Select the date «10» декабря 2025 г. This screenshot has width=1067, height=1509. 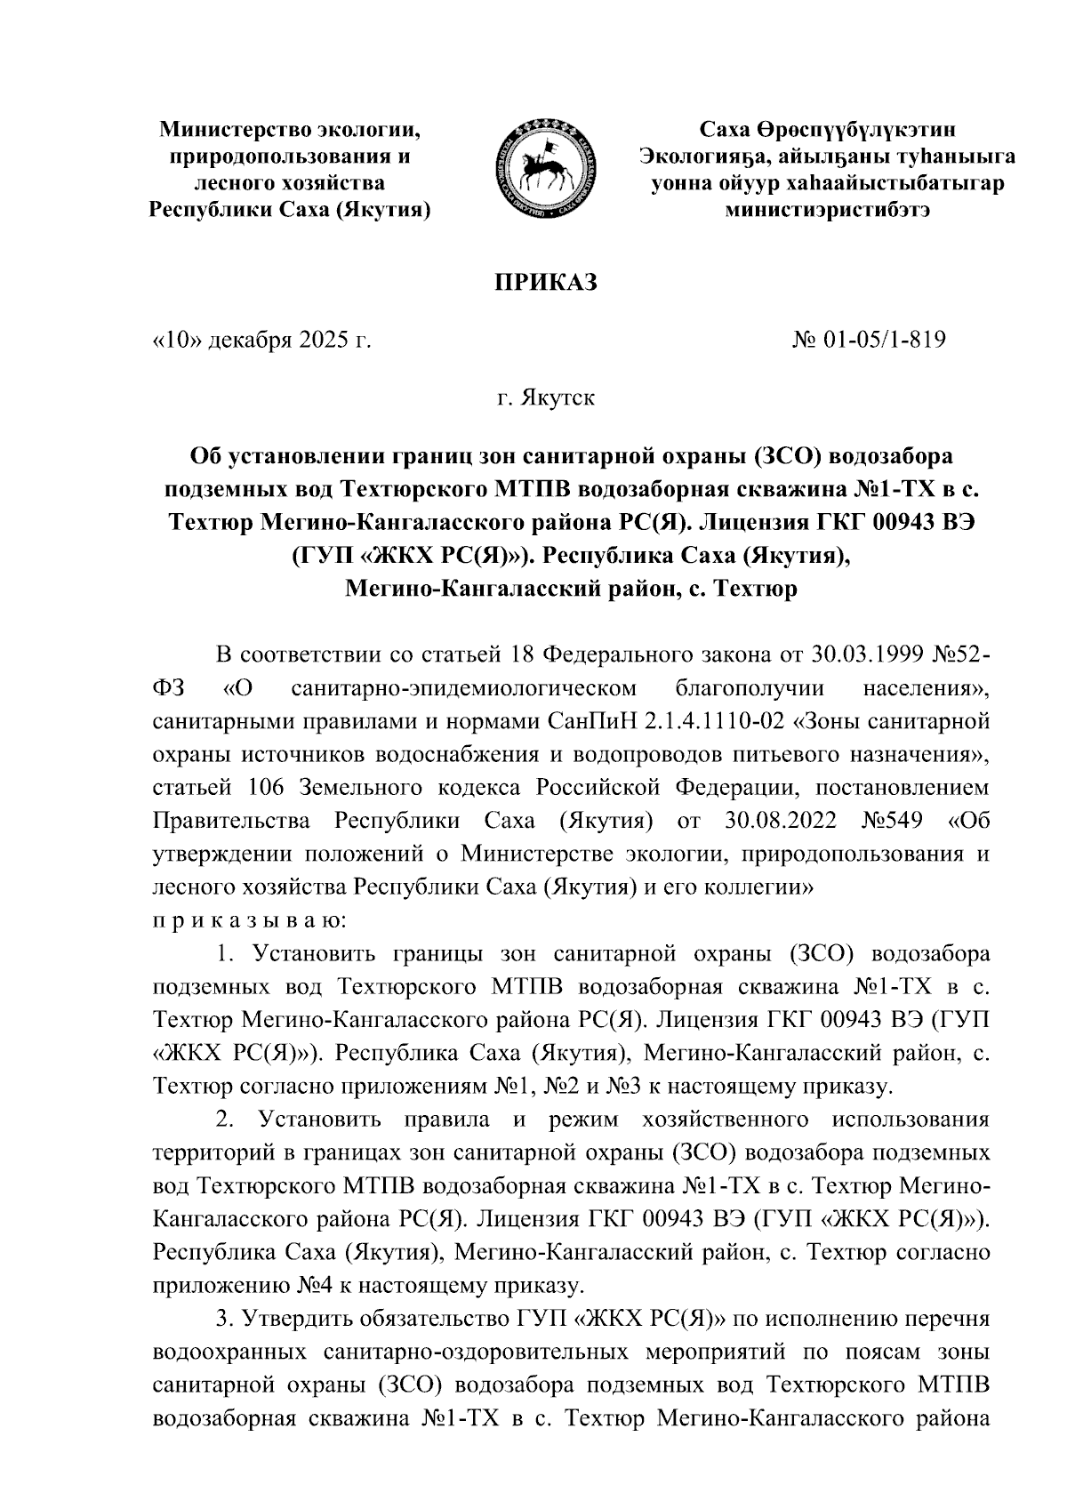262,339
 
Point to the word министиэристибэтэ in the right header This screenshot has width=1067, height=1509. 828,211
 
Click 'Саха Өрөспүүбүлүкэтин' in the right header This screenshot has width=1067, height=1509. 828,131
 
